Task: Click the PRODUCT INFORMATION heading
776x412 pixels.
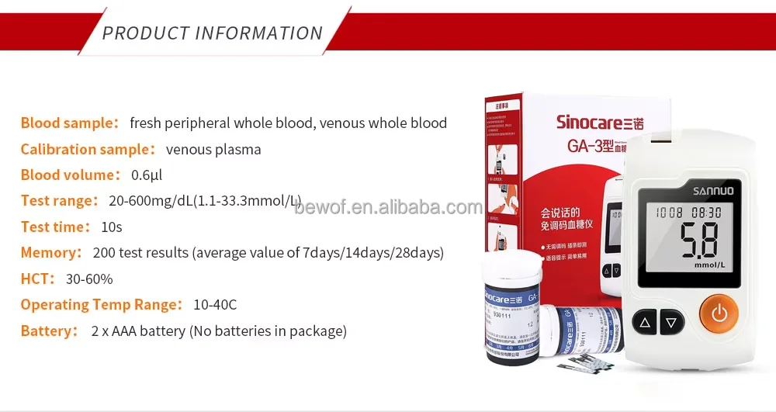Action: (x=212, y=33)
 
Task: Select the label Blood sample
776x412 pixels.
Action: (x=67, y=123)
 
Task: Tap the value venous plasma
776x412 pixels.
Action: (x=213, y=149)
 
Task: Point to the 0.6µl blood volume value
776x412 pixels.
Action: (x=146, y=175)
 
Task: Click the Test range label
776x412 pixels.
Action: (x=56, y=201)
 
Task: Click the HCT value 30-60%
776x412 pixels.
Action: (x=89, y=279)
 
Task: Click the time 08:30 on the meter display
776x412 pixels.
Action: (x=707, y=212)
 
